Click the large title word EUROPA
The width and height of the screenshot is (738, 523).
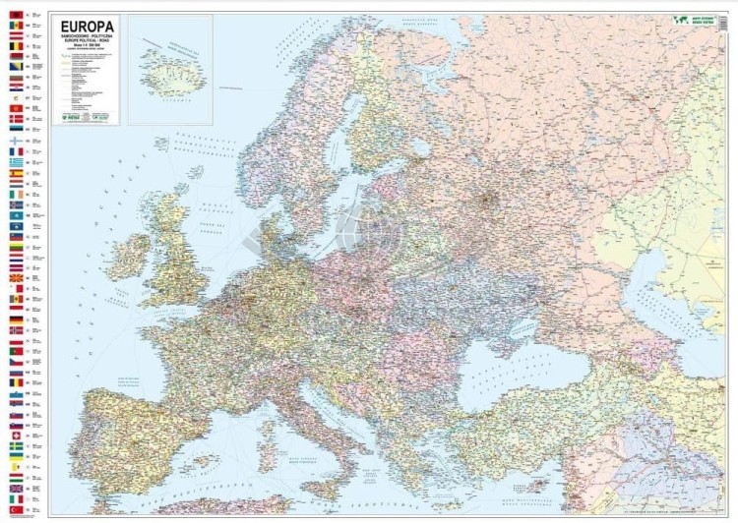point(86,26)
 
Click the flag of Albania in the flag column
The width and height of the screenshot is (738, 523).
point(15,15)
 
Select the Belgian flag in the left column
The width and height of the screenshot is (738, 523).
point(15,45)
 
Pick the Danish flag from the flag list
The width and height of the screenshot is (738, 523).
point(15,118)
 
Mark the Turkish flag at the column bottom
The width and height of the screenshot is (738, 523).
point(15,509)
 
